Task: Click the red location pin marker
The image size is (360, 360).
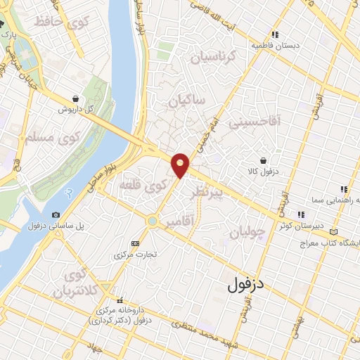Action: coord(181,165)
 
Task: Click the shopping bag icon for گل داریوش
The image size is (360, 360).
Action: coord(75,99)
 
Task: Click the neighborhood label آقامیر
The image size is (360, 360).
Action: coord(181,223)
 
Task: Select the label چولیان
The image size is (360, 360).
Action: coord(250,232)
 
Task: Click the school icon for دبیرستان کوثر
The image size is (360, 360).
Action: coord(301,214)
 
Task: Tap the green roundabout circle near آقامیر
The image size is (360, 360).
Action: coord(152,221)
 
